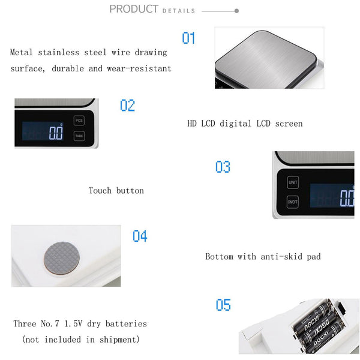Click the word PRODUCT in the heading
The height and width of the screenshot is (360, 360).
[134, 9]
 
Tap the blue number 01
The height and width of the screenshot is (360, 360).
[188, 38]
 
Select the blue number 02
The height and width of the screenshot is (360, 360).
[127, 106]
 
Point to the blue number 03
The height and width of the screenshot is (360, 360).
[223, 167]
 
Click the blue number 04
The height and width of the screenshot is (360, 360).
[140, 236]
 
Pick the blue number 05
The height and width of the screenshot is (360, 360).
[223, 305]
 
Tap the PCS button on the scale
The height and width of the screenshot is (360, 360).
[79, 121]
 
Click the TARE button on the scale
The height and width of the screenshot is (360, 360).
[79, 136]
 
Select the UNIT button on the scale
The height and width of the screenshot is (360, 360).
[293, 182]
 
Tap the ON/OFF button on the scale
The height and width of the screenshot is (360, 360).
[293, 202]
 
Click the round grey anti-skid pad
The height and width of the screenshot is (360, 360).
[62, 258]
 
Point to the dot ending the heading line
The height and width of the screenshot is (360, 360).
[237, 11]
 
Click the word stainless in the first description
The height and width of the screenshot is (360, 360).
[58, 52]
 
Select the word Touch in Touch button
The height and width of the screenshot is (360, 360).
[100, 191]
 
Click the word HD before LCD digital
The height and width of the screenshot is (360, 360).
[192, 124]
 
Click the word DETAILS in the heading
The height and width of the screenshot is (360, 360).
[179, 11]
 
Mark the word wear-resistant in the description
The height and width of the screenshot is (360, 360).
[139, 68]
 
